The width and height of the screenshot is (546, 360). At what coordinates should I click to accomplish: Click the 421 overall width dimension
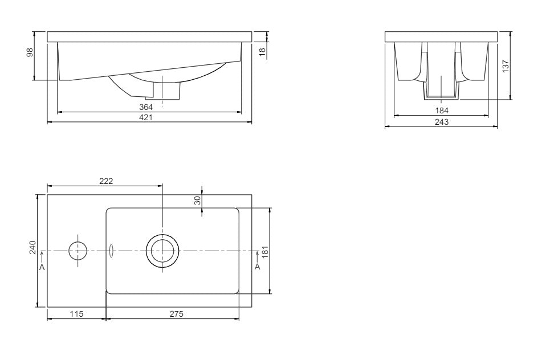point(146,117)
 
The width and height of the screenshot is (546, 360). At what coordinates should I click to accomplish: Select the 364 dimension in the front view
point(146,107)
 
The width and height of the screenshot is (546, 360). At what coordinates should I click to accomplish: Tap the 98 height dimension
point(30,52)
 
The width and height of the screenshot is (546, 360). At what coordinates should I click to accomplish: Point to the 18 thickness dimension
point(263,51)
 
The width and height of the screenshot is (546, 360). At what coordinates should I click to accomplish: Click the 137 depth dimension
point(506,66)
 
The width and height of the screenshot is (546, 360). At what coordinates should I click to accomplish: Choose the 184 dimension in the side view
point(442,111)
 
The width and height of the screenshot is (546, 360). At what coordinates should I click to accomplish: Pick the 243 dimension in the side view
point(442,122)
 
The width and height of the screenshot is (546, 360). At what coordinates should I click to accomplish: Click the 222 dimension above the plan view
point(106,181)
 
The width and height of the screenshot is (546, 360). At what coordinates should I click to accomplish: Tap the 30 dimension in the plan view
point(197,200)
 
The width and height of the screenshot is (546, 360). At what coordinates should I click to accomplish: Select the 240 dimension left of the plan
point(32,247)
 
